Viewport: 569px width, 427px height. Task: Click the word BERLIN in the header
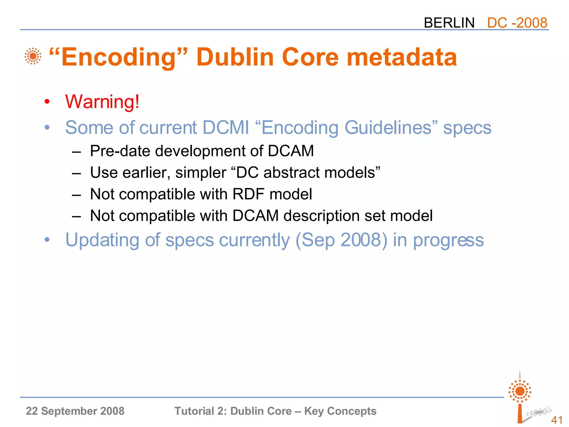click(449, 23)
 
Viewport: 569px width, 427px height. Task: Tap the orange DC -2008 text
click(517, 23)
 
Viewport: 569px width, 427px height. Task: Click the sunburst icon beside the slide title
click(33, 56)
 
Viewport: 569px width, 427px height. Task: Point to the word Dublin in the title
click(235, 57)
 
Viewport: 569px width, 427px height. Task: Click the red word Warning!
click(102, 102)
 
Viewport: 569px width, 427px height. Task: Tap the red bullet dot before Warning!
click(47, 102)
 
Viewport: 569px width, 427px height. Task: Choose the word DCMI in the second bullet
click(226, 128)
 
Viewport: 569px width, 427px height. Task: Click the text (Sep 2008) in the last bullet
click(341, 240)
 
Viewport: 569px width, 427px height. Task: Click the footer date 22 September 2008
click(75, 411)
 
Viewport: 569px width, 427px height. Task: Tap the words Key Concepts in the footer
click(340, 411)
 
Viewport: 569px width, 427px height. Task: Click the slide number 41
click(557, 420)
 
